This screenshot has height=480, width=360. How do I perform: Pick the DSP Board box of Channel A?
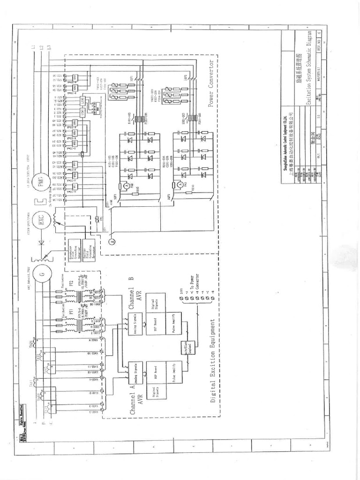coord(153,369)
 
